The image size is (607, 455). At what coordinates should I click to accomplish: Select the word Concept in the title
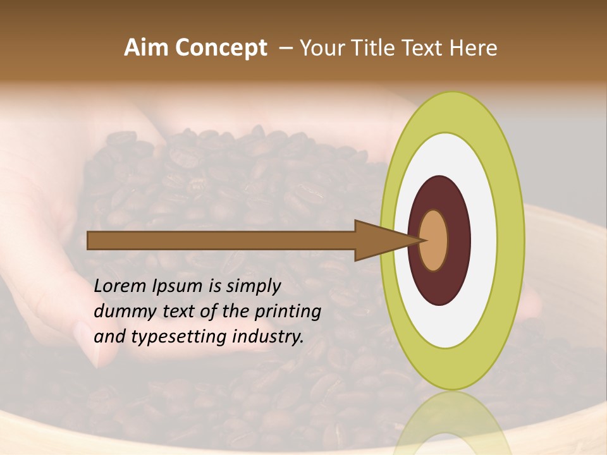tap(221, 49)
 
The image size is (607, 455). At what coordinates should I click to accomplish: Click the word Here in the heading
tap(474, 48)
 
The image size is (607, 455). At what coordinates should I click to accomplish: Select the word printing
tap(288, 312)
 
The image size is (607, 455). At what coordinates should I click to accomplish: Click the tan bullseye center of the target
tap(434, 240)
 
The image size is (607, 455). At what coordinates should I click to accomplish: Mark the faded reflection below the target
tap(451, 423)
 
